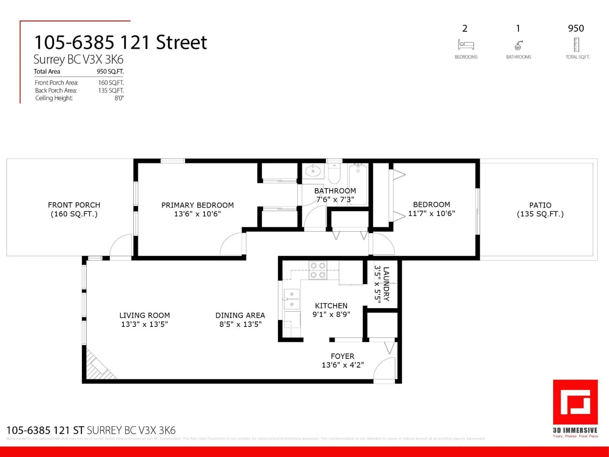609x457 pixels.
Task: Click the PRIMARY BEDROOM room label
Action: [x=197, y=205]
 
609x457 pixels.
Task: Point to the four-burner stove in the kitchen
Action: [x=318, y=270]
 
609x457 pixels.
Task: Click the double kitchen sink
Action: [x=291, y=299]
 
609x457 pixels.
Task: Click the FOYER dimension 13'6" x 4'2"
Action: [x=343, y=365]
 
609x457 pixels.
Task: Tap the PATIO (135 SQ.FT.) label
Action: [x=540, y=209]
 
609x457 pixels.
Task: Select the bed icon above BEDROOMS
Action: [x=466, y=45]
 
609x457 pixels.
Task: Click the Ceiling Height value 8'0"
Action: [x=119, y=98]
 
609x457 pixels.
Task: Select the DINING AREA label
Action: [x=240, y=315]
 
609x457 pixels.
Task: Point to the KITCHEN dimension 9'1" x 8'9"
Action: [x=331, y=314]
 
